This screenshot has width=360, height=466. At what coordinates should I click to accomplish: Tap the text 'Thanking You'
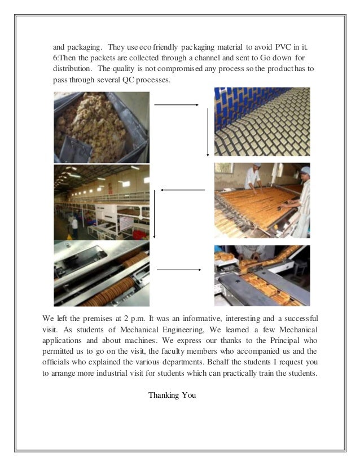tap(172, 395)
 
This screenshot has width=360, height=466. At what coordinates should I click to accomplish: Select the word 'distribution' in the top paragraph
tap(71, 69)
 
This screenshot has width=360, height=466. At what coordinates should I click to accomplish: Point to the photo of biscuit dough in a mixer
tap(101, 127)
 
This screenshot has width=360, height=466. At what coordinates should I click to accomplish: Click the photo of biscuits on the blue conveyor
tap(261, 122)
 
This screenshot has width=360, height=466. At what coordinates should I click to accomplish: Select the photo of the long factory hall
tap(101, 203)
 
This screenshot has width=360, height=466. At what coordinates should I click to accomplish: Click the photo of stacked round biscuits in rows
tap(101, 274)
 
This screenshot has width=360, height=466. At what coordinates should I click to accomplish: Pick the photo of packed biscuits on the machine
tap(262, 275)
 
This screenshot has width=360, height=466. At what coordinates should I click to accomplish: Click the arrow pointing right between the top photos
tap(176, 105)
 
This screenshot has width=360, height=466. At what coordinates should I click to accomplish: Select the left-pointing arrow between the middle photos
tap(182, 190)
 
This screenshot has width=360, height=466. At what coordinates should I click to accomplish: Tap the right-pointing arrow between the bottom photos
tap(178, 270)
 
